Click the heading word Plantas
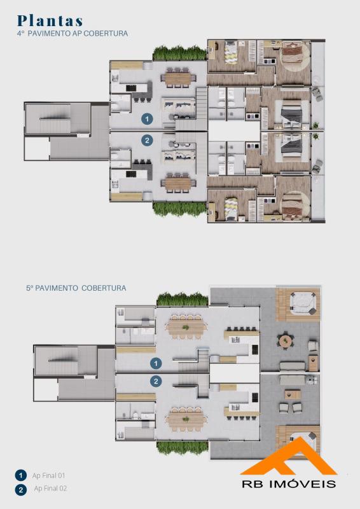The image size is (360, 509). coord(50,20)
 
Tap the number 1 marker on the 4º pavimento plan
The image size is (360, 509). coord(147,119)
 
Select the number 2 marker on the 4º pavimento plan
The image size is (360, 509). coord(147,140)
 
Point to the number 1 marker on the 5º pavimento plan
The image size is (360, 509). coord(156,363)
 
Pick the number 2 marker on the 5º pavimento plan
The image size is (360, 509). coord(156,380)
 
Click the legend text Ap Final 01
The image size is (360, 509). coord(49,475)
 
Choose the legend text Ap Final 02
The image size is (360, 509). coord(50,488)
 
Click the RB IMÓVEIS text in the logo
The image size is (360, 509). coord(289,484)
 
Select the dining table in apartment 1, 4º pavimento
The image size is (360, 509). coord(177,78)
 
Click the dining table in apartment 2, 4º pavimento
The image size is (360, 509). coord(177,183)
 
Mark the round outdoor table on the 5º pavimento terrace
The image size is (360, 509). coord(285,341)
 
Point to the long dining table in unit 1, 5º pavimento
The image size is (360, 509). coord(186,328)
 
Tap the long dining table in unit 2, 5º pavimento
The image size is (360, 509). coord(186,419)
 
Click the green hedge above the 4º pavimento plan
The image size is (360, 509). coord(179,53)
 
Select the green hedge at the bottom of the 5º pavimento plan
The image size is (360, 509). coord(183,447)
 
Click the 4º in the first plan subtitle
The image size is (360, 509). coord(21,34)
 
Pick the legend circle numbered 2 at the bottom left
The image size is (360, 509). coord(21,489)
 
